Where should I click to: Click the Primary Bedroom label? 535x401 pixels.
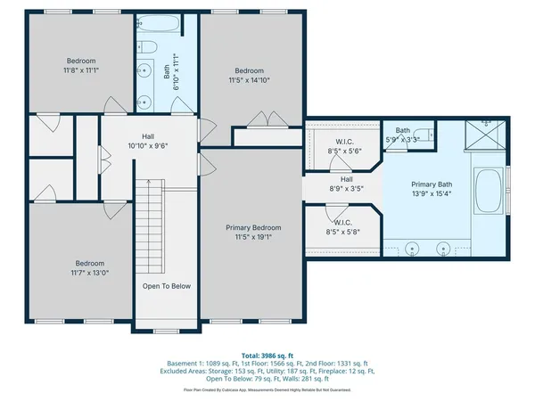pyautogui.click(x=250, y=228)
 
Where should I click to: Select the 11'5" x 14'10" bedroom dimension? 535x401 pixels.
pyautogui.click(x=250, y=80)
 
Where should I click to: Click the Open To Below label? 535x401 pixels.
pyautogui.click(x=167, y=286)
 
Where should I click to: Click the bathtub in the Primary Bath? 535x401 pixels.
pyautogui.click(x=490, y=191)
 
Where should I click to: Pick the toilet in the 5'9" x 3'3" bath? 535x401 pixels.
pyautogui.click(x=428, y=135)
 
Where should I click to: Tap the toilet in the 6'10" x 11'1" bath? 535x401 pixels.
pyautogui.click(x=149, y=47)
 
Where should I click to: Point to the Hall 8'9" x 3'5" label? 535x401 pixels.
pyautogui.click(x=347, y=184)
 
